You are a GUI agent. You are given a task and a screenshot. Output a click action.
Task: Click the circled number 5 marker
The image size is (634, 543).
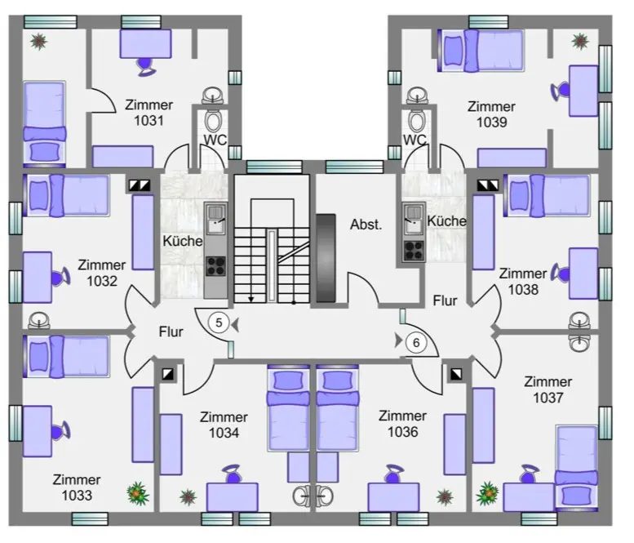(x=219, y=323)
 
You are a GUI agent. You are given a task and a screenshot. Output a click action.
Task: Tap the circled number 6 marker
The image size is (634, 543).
(x=416, y=343)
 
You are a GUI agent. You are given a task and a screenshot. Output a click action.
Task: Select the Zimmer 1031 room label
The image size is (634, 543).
(x=149, y=113)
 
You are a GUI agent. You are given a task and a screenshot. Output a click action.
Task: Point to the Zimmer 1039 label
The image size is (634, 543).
(x=491, y=114)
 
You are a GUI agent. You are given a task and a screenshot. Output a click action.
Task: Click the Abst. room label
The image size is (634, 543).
(x=366, y=225)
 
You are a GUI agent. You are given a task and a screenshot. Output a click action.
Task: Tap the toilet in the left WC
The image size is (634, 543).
(x=213, y=120)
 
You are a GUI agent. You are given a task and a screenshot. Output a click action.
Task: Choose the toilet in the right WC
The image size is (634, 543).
(x=416, y=120)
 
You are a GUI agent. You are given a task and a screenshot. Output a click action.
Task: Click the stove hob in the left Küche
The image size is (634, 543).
(x=215, y=266)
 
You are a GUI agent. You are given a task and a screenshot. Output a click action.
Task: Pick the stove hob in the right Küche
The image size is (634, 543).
(x=414, y=250)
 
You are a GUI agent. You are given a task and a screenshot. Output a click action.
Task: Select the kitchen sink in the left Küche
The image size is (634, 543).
(x=215, y=219)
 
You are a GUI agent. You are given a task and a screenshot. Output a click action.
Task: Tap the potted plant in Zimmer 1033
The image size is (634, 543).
(x=137, y=493)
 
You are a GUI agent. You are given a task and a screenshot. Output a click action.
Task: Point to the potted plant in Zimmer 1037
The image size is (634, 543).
(x=488, y=493)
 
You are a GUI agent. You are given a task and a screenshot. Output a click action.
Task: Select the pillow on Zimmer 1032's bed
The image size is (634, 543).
(x=39, y=195)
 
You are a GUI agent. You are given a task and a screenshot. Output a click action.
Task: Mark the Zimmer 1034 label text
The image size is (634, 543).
(x=224, y=425)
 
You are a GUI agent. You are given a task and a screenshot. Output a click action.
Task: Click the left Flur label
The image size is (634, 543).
(x=171, y=332)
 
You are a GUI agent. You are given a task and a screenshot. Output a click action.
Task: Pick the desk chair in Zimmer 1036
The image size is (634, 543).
(x=393, y=474)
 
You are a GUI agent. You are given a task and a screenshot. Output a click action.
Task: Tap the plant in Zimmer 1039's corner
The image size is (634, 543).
(x=580, y=42)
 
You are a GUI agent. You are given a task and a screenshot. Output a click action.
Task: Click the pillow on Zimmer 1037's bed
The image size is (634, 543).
(x=576, y=495)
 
